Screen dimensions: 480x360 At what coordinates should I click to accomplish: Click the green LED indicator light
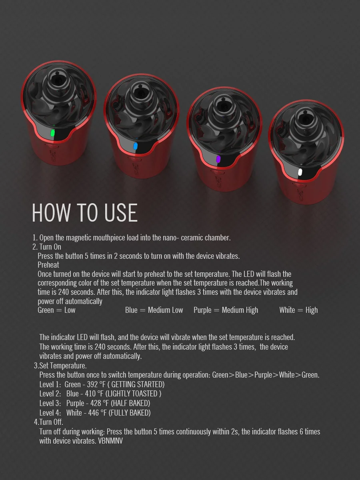(x=52, y=133)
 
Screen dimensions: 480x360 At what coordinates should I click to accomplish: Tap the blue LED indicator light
(x=135, y=147)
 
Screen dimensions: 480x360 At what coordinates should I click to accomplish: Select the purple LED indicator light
(x=218, y=159)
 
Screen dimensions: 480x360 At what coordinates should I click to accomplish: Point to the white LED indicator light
(x=300, y=172)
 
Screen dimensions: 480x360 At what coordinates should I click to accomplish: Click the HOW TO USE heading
(x=84, y=213)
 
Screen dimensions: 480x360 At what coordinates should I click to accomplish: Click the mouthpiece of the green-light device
(x=58, y=80)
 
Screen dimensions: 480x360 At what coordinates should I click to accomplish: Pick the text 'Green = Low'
(x=56, y=310)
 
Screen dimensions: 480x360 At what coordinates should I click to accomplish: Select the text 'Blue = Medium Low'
(x=154, y=310)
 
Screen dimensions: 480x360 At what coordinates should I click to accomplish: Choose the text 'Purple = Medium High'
(x=226, y=310)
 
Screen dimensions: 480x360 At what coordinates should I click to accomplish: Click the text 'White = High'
(x=298, y=310)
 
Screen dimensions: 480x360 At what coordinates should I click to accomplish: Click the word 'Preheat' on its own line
(x=48, y=265)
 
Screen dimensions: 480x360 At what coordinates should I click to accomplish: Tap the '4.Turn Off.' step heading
(x=48, y=422)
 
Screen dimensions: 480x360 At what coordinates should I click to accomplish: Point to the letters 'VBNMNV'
(x=110, y=441)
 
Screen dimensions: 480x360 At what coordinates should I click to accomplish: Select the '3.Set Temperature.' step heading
(x=60, y=366)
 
